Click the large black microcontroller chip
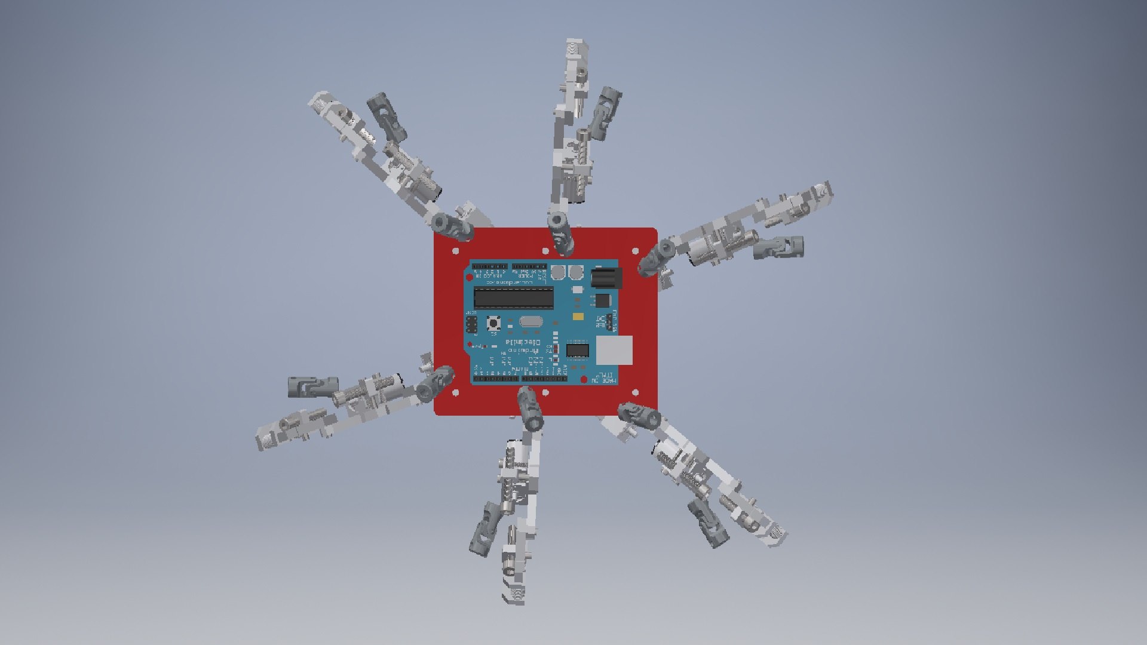tap(513, 297)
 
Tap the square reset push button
tap(494, 324)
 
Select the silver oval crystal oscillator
tap(530, 322)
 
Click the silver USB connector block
tap(614, 350)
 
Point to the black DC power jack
tap(606, 278)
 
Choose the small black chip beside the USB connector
tap(577, 350)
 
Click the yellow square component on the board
tap(578, 317)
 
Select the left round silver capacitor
tap(558, 273)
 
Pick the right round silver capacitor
tap(575, 273)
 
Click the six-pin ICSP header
tap(471, 325)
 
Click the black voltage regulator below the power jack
tap(603, 300)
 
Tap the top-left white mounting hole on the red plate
tap(456, 251)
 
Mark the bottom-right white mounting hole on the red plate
tap(635, 392)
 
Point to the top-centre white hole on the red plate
tap(545, 251)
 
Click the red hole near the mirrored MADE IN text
tap(584, 380)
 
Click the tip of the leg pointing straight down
tap(515, 596)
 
